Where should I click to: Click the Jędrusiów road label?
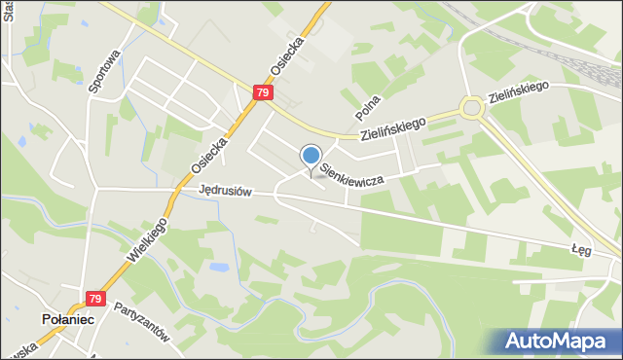point(225,191)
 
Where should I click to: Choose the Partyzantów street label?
point(142,323)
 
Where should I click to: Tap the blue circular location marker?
point(311,156)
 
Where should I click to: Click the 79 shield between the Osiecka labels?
point(263,92)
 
